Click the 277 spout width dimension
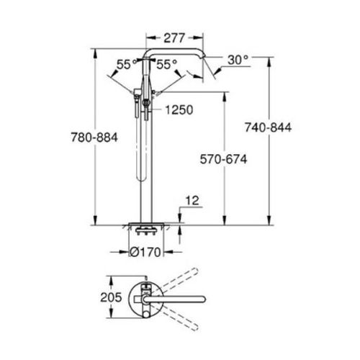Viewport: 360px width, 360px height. click(174, 38)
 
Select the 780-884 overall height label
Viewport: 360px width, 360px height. click(94, 138)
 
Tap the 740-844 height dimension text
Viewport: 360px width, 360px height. click(268, 127)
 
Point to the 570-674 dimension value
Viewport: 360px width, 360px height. click(223, 159)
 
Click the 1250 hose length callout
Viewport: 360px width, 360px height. click(179, 110)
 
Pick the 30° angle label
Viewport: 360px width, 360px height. click(238, 60)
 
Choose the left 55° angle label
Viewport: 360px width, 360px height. click(127, 64)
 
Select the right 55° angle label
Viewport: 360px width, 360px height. click(167, 64)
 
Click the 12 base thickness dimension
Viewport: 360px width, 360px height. click(192, 201)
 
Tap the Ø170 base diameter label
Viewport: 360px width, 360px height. click(145, 252)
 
